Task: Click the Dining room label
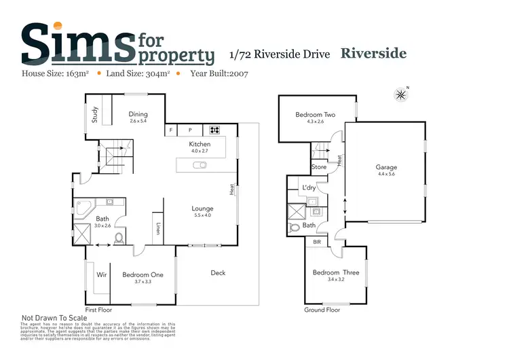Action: [138, 114]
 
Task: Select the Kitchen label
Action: [200, 144]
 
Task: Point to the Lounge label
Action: [202, 209]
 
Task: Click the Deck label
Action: [218, 273]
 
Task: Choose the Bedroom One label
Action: [143, 274]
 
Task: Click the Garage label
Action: [386, 167]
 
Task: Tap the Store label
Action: [319, 166]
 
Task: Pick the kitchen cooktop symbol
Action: [214, 130]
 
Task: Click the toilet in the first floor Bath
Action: [119, 238]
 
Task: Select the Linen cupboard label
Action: [157, 229]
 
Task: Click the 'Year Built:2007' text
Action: [220, 73]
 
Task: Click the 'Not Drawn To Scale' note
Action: [54, 317]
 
